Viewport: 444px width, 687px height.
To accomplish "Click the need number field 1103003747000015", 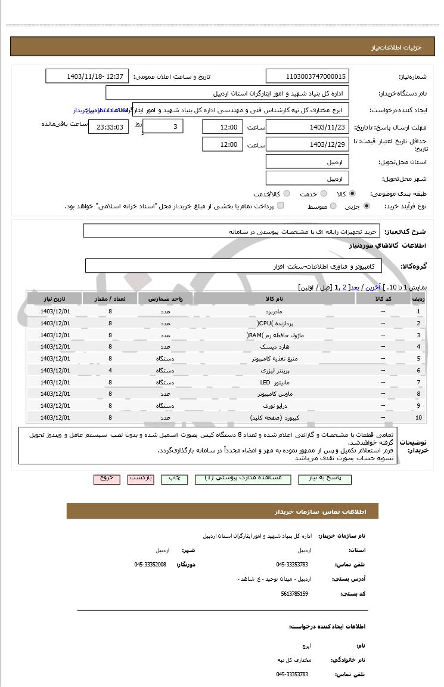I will pos(307,76).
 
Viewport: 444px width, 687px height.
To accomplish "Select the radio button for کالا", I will pos(353,194).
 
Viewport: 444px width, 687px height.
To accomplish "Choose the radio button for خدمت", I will pos(324,194).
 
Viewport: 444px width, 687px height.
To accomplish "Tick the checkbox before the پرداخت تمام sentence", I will pos(281,206).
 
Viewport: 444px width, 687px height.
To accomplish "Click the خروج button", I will pos(107,479).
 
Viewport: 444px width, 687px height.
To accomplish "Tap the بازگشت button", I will pos(141,479).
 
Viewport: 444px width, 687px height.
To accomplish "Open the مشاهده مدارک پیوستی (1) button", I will pos(247,479).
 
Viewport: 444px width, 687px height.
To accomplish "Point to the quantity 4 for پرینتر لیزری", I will pos(110,371).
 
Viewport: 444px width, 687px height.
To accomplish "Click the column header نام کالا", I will pos(274,298).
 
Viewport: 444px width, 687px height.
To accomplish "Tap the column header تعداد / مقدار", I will pos(110,298).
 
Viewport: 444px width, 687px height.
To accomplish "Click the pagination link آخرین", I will pos(372,287).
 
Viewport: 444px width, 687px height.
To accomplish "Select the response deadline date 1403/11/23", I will pos(307,127).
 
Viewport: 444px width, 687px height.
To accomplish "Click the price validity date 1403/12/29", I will pos(307,144).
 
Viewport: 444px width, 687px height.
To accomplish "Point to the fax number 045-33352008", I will pos(150,565).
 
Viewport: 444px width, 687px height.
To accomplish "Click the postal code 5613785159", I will pos(294,594).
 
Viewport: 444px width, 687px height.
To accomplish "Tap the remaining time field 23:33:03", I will pos(108,127).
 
